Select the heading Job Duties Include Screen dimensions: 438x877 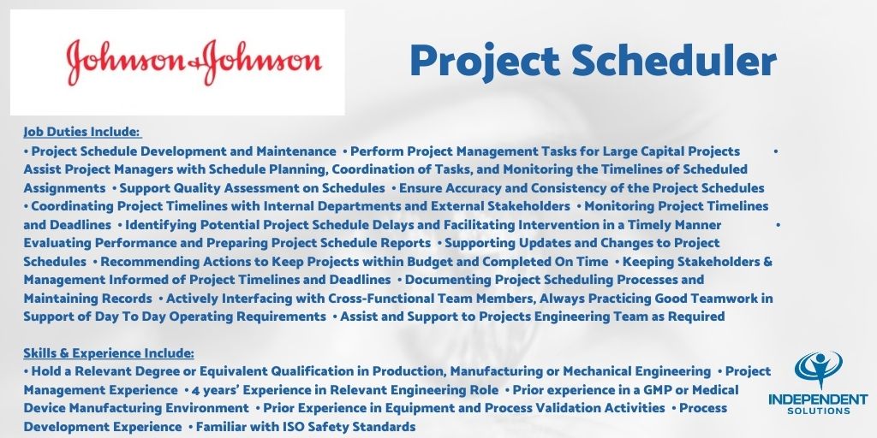pos(81,132)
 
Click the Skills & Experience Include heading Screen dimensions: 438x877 pos(109,352)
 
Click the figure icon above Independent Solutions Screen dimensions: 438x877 pos(819,369)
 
